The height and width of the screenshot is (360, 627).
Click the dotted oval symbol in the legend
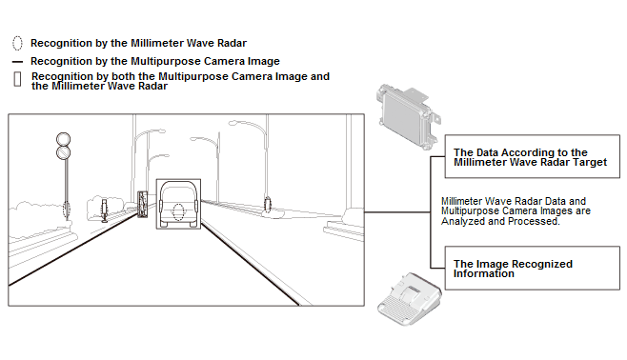[x=17, y=43]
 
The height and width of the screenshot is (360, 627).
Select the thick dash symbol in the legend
[x=17, y=62]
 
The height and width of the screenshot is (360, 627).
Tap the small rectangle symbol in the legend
[x=17, y=79]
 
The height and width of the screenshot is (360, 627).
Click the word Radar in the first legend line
[x=232, y=43]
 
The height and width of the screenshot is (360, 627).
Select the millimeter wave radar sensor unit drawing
[x=408, y=116]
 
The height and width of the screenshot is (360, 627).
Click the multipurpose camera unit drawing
[x=409, y=298]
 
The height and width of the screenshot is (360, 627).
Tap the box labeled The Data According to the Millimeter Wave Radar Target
[x=533, y=156]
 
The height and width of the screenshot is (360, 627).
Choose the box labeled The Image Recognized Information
[x=533, y=268]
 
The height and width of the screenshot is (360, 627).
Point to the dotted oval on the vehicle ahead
[x=178, y=212]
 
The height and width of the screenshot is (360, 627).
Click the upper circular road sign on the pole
[x=63, y=139]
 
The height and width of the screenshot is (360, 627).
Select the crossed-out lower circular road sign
[x=63, y=152]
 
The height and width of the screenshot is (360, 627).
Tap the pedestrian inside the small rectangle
[x=142, y=204]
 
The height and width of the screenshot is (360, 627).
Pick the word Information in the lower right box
[x=483, y=273]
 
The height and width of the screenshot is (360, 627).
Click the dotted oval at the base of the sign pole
[x=67, y=210]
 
